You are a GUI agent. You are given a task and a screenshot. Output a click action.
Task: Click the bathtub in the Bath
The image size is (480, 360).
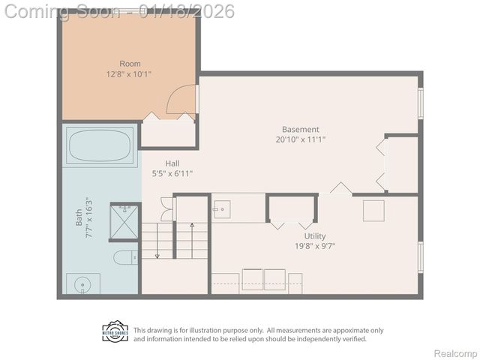click(x=100, y=145)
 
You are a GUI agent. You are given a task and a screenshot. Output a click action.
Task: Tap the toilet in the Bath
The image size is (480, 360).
click(x=125, y=258)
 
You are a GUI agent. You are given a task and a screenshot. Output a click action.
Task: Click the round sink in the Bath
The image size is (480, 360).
click(x=82, y=283)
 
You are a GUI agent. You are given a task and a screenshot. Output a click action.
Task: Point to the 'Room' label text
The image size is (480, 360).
click(x=130, y=64)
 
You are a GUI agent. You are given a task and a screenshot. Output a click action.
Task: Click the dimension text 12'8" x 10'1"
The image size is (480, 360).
click(x=130, y=74)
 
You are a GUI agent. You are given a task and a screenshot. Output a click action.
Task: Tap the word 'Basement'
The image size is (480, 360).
click(x=301, y=129)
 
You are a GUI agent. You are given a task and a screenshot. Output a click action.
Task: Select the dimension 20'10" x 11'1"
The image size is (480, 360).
click(x=301, y=139)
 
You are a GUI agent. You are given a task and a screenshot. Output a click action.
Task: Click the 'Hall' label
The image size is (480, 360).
click(x=172, y=163)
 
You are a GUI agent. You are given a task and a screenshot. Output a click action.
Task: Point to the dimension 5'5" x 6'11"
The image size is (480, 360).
click(x=172, y=174)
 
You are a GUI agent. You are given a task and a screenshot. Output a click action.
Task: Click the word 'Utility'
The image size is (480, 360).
click(x=315, y=235)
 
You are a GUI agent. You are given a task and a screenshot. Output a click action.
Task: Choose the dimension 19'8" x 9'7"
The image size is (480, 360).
click(x=315, y=246)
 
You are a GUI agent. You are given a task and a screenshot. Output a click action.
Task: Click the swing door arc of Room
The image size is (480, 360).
click(x=181, y=100)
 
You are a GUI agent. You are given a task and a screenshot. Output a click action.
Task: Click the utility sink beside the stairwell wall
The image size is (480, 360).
click(x=222, y=209)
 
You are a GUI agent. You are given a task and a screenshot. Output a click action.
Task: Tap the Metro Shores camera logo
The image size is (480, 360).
click(x=115, y=331)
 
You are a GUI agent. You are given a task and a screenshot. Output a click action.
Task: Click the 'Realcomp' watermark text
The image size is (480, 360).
click(x=456, y=354)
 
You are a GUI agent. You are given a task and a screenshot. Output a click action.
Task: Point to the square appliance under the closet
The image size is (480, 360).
click(x=373, y=211)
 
